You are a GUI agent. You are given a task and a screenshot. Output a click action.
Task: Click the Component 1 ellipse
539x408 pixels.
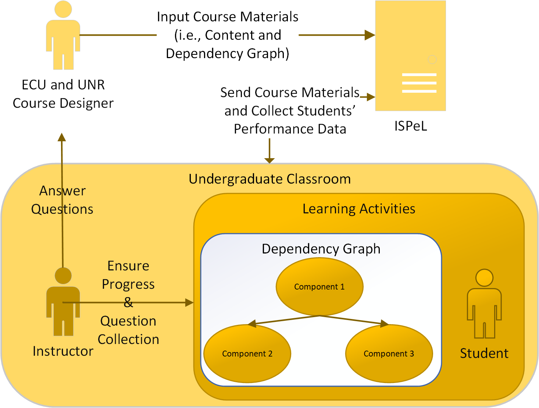[320, 287]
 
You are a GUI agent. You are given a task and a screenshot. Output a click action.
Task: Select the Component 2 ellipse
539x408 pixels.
[247, 354]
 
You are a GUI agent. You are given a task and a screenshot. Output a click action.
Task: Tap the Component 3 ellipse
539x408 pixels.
[389, 354]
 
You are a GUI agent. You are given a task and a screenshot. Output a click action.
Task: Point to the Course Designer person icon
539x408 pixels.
[63, 35]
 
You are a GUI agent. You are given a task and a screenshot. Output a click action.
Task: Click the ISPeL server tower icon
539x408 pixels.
[410, 56]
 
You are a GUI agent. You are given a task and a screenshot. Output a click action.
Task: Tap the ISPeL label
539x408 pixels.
[410, 126]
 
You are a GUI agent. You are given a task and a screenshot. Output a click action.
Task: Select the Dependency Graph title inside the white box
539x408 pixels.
[321, 249]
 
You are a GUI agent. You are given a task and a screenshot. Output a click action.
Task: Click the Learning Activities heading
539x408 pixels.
[359, 209]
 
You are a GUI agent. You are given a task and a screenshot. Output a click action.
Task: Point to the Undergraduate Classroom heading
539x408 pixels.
[269, 179]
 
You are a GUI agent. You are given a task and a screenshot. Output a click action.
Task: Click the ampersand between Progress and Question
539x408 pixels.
[128, 302]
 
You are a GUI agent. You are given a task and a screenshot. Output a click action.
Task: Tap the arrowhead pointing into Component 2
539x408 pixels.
[252, 324]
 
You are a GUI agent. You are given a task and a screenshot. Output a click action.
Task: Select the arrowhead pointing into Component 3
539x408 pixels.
[385, 324]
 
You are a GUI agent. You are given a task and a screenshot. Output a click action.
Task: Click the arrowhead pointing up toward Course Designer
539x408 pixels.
[62, 137]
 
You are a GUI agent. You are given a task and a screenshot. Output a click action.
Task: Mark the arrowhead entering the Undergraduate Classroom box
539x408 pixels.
[269, 160]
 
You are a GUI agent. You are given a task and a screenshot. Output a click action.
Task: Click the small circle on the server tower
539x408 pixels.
[432, 59]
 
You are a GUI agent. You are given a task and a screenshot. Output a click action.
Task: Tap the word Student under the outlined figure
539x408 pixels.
[484, 353]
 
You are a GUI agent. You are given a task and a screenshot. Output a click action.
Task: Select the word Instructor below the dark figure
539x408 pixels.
[63, 351]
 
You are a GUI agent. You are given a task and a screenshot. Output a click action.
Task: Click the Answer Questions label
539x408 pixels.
[62, 200]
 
